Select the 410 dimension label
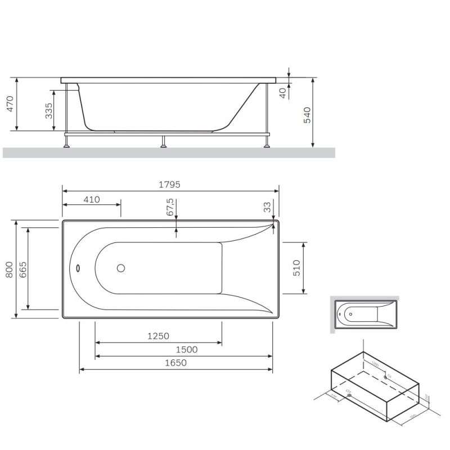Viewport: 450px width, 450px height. click(x=91, y=199)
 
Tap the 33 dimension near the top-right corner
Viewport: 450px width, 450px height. click(x=268, y=206)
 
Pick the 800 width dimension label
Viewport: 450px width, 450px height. click(x=9, y=270)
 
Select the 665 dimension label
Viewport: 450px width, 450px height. click(x=22, y=270)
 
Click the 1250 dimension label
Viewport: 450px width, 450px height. click(x=158, y=336)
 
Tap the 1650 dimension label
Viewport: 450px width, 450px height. click(x=175, y=363)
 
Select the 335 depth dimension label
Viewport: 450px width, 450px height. click(x=49, y=110)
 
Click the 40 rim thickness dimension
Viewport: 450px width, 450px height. click(x=283, y=92)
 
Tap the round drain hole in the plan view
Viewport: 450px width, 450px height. click(x=121, y=268)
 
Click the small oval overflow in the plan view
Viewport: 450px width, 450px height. click(x=78, y=268)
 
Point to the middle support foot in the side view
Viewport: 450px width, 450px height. click(x=164, y=142)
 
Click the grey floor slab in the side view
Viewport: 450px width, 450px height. click(x=169, y=152)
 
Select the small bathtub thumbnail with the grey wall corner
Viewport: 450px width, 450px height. click(x=363, y=313)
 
